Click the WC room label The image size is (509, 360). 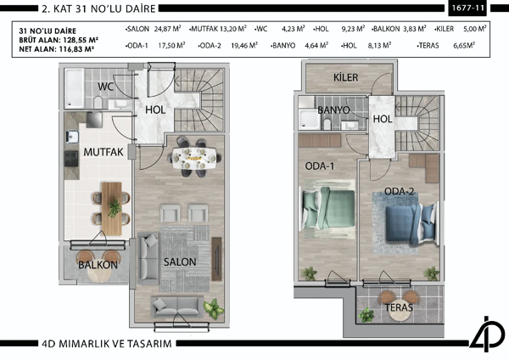[x=106, y=87]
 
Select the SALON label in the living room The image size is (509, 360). [x=181, y=262]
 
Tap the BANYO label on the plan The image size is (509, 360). [x=333, y=110]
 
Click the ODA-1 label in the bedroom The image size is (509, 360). [x=320, y=166]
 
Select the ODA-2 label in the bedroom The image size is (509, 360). [x=399, y=191]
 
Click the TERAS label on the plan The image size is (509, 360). [x=399, y=307]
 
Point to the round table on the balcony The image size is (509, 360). [x=94, y=256]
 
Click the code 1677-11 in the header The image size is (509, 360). [x=469, y=9]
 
